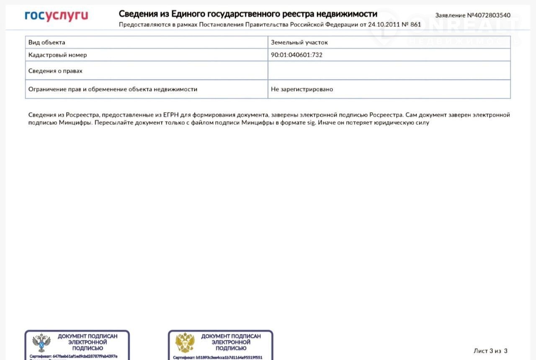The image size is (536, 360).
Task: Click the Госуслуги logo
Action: [x=57, y=16]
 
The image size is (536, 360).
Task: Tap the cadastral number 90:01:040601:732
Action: [x=296, y=55]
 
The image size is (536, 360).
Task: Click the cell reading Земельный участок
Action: [x=299, y=42]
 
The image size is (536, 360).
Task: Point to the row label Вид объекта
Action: [x=47, y=42]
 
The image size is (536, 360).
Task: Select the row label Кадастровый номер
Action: [x=58, y=55]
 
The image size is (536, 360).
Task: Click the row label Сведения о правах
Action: [x=55, y=71]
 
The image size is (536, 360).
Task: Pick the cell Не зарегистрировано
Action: [x=302, y=89]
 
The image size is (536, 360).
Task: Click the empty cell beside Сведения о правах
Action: [x=389, y=71]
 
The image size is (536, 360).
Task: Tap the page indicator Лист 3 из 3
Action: [x=490, y=351]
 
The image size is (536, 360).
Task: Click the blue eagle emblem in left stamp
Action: [x=41, y=342]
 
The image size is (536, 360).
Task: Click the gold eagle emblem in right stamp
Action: [x=185, y=342]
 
